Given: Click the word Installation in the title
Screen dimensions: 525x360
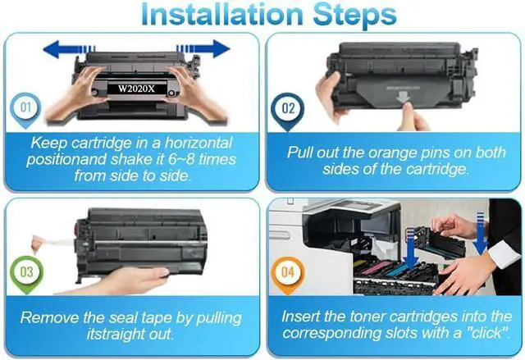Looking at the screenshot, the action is pyautogui.click(x=222, y=14).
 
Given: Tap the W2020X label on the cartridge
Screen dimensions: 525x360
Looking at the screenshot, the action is pyautogui.click(x=137, y=89).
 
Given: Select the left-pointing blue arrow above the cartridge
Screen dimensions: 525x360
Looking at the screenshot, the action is pyautogui.click(x=69, y=49).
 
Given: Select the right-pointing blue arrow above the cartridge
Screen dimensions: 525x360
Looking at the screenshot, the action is pyautogui.click(x=203, y=49).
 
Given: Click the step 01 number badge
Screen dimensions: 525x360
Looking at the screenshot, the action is pyautogui.click(x=25, y=110).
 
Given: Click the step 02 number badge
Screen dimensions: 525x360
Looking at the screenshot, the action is pyautogui.click(x=288, y=111).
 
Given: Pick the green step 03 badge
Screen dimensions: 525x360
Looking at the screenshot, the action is pyautogui.click(x=27, y=274).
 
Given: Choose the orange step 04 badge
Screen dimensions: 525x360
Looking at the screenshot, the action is pyautogui.click(x=288, y=275).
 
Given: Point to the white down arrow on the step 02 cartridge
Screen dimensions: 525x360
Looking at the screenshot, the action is pyautogui.click(x=403, y=98).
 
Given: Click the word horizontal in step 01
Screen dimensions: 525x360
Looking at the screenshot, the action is pyautogui.click(x=199, y=143).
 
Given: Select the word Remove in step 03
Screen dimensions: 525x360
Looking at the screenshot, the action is pyautogui.click(x=49, y=317).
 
